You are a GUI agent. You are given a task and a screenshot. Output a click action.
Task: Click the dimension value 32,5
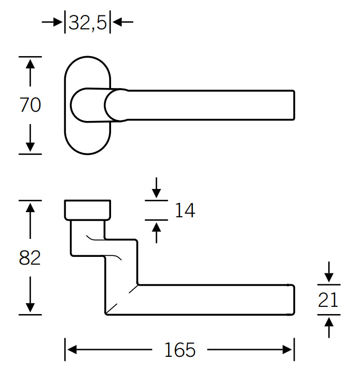click(x=87, y=23)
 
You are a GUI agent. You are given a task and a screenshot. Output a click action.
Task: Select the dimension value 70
click(x=30, y=105)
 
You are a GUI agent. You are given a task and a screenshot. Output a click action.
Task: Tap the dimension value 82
click(x=30, y=257)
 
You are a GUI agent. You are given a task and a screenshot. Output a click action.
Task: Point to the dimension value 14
click(x=185, y=210)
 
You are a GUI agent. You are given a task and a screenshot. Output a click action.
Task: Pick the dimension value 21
click(x=328, y=300)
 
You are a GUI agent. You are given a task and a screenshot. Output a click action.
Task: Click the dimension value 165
click(x=180, y=350)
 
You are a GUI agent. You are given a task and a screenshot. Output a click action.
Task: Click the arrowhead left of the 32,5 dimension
click(x=58, y=22)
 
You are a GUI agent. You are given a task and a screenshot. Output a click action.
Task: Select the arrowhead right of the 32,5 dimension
click(x=117, y=22)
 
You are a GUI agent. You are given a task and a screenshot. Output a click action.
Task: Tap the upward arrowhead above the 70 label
click(x=30, y=64)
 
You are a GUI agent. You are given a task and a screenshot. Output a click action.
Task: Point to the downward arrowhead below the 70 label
click(x=30, y=147)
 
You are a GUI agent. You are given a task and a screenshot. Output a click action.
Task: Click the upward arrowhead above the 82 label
click(x=30, y=208)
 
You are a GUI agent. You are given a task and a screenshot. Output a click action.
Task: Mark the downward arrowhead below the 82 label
click(x=30, y=307)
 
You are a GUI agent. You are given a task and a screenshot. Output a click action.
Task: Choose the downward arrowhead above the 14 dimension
click(x=156, y=194)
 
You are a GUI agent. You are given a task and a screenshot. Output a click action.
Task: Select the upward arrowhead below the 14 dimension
click(x=156, y=227)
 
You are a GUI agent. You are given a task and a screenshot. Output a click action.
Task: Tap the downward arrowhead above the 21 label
click(x=329, y=278)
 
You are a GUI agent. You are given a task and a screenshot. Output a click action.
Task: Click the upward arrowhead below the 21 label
click(x=329, y=322)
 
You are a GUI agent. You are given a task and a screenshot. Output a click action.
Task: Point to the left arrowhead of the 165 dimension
click(x=72, y=350)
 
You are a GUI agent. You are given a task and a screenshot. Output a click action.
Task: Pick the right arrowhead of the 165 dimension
click(x=287, y=350)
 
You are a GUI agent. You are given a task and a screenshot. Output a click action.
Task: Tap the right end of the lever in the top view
click(x=294, y=105)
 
